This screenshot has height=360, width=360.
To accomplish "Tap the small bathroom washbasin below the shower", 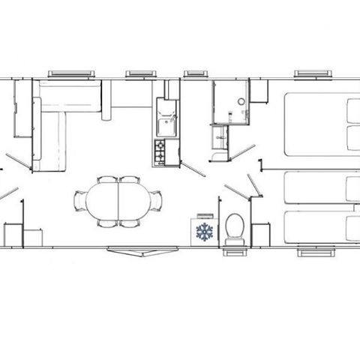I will coord(219,136).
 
